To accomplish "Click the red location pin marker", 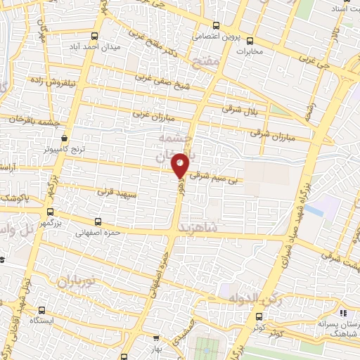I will pyautogui.click(x=181, y=165).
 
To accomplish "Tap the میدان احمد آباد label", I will pyautogui.click(x=117, y=46).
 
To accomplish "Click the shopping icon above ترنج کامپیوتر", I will pyautogui.click(x=65, y=139).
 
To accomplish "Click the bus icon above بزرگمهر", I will pyautogui.click(x=49, y=211).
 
